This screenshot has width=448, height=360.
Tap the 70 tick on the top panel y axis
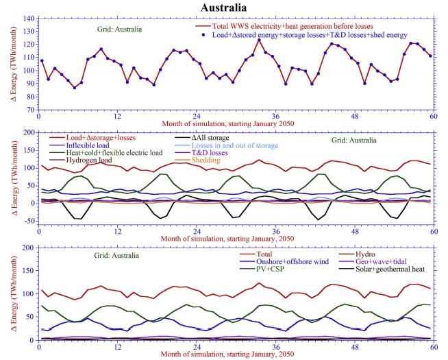pos(30,109)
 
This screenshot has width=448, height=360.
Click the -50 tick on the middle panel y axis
pos(28,220)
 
